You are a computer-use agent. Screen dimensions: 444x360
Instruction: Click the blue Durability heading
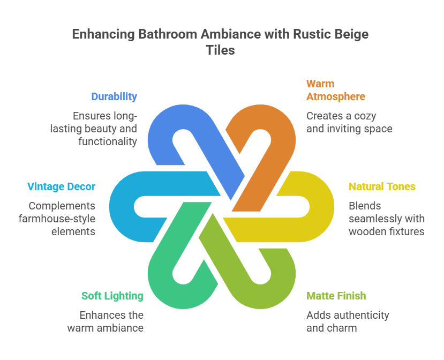[x=114, y=97]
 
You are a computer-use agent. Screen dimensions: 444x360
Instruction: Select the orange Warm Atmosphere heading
[x=335, y=90]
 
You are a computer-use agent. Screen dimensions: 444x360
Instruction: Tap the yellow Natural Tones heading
[x=382, y=186]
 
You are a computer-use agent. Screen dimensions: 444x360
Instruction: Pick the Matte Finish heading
[x=336, y=296]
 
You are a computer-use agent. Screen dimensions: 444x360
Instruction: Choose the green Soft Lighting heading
[x=112, y=296]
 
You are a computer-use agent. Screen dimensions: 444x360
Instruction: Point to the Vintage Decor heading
[x=61, y=186]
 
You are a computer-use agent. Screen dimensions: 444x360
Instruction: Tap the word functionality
[x=107, y=141]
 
